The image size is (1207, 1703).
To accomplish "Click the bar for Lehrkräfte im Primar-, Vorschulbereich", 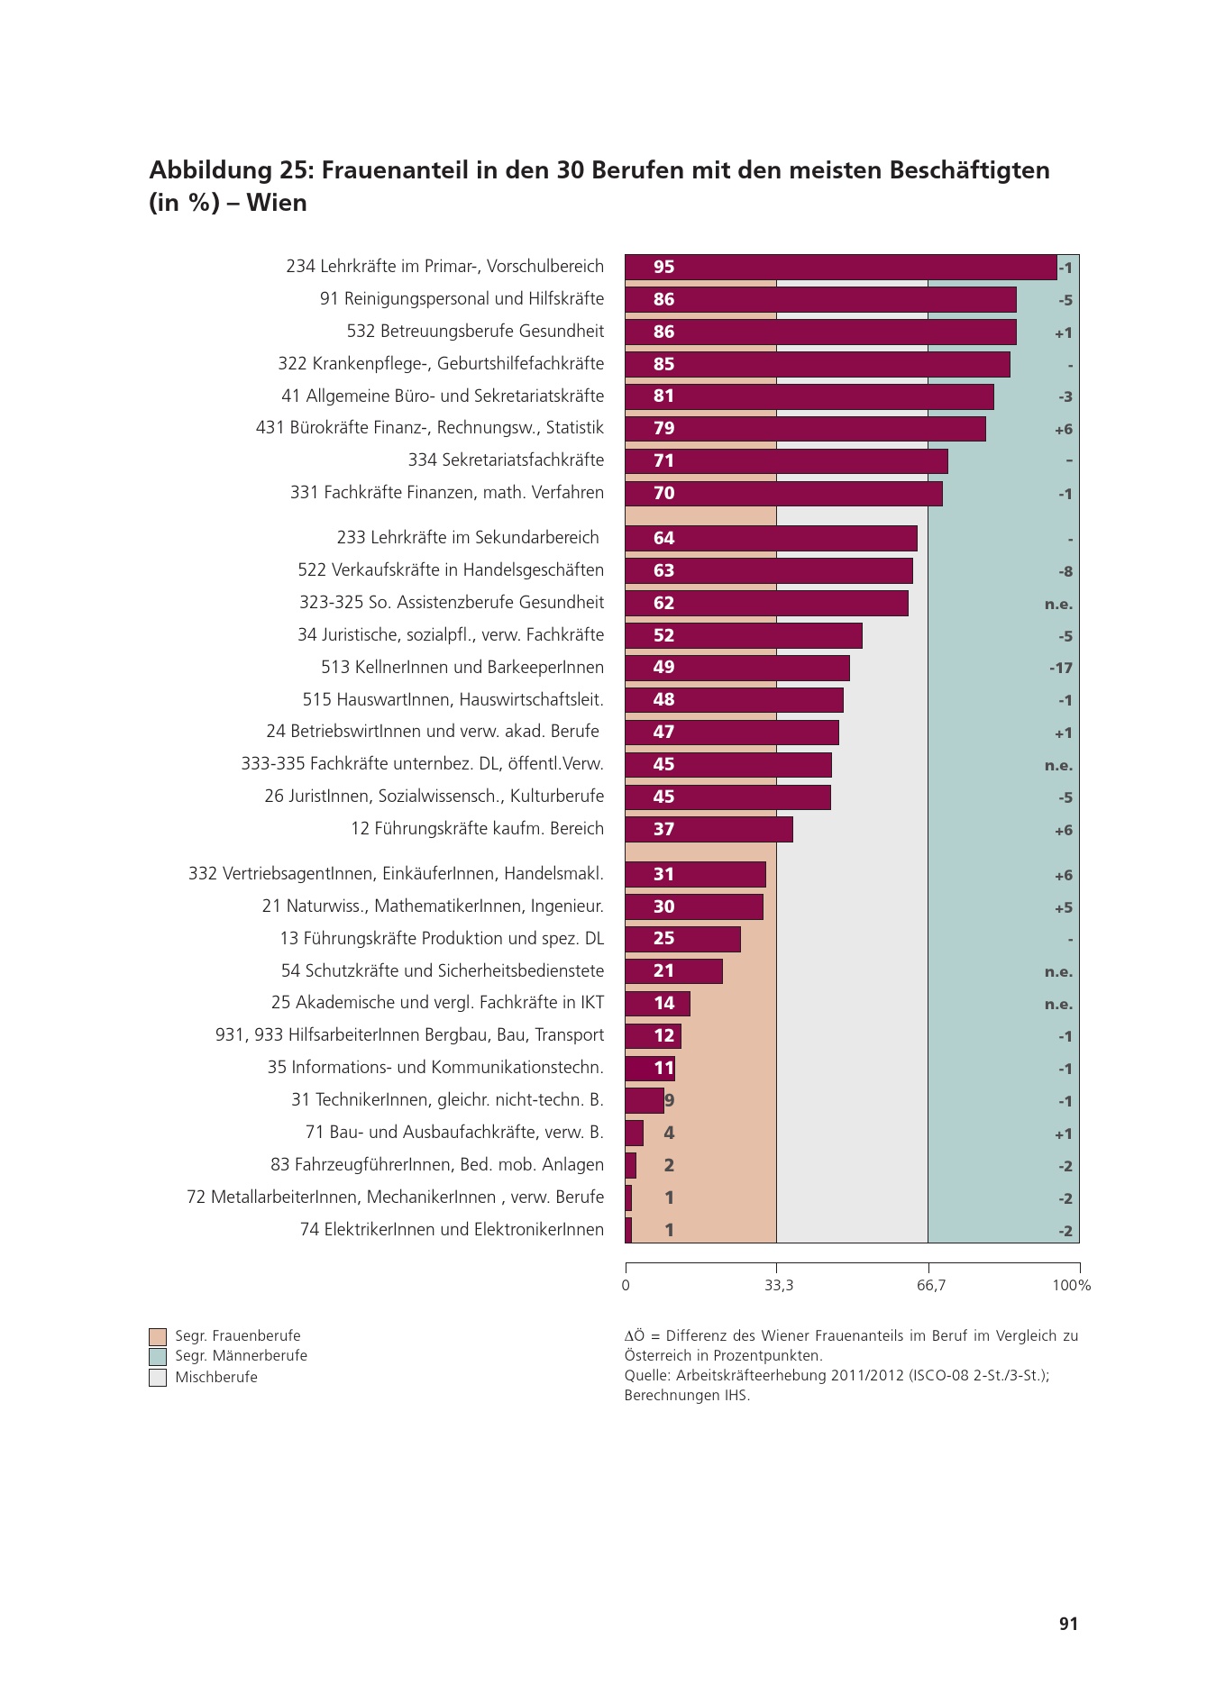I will point(840,267).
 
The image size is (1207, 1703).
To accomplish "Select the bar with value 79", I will point(805,429).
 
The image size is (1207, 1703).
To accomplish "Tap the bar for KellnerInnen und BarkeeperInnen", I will point(737,668).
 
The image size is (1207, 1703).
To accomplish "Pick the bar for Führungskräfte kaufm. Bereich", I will point(709,829).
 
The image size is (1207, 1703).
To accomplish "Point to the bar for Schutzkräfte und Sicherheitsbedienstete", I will point(673,971).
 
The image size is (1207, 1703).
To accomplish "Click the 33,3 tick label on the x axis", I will point(779,1286).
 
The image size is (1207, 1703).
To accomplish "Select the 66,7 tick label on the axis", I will point(931,1286).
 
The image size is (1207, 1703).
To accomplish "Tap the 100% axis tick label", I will point(1071,1286).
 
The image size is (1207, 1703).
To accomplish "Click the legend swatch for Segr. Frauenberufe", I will point(158,1336).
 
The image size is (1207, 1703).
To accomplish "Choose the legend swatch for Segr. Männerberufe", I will point(158,1357).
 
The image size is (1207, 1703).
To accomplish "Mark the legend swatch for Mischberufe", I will point(158,1378).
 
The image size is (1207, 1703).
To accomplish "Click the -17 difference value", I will point(1061,668).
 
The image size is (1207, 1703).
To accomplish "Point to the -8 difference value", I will point(1065,571).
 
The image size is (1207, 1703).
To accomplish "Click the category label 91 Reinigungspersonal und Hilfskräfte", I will point(462,299).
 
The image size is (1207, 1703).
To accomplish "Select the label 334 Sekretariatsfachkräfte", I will point(506,460).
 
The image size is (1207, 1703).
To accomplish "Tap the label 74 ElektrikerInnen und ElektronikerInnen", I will point(452,1230).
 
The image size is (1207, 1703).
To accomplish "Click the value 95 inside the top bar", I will point(663,267).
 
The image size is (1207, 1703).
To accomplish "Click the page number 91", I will point(1068,1624).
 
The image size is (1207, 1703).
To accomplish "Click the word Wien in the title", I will point(277,203).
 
